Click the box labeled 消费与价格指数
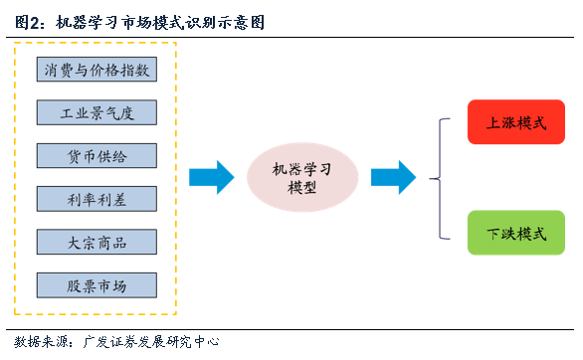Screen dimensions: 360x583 (x=97, y=70)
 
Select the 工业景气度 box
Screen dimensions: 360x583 (x=97, y=112)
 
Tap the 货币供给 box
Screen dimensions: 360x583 (x=97, y=156)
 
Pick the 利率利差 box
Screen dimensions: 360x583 (x=97, y=199)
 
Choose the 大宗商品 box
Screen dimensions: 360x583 (x=97, y=243)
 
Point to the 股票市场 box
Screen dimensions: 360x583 (x=97, y=285)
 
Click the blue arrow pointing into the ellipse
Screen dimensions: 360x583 (x=210, y=177)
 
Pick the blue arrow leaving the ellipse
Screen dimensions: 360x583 (x=392, y=177)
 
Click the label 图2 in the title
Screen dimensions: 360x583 (x=28, y=20)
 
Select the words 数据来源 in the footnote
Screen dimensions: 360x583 (x=37, y=341)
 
